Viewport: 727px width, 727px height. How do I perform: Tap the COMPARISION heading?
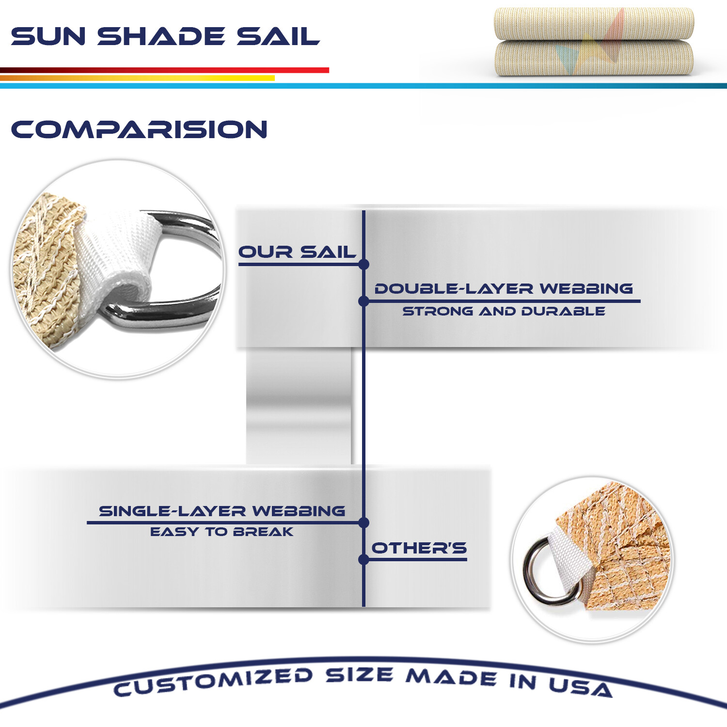pyautogui.click(x=139, y=129)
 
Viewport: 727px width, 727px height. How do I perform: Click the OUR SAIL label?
pyautogui.click(x=297, y=252)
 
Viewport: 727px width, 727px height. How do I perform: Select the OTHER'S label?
pyautogui.click(x=419, y=548)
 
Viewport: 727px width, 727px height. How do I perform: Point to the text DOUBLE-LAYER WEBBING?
pyautogui.click(x=504, y=289)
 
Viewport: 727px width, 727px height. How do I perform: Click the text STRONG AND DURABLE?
pyautogui.click(x=504, y=311)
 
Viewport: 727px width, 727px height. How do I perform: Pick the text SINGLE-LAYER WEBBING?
pyautogui.click(x=222, y=511)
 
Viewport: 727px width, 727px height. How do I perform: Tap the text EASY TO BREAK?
pyautogui.click(x=222, y=532)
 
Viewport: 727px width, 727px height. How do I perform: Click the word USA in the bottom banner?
pyautogui.click(x=580, y=687)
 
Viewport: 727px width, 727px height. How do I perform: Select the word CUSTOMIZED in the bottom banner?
pyautogui.click(x=213, y=681)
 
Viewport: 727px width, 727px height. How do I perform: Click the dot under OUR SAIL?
pyautogui.click(x=364, y=264)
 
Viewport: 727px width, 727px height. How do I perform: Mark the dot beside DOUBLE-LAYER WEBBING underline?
pyautogui.click(x=364, y=301)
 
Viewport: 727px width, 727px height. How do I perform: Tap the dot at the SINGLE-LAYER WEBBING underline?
pyautogui.click(x=364, y=522)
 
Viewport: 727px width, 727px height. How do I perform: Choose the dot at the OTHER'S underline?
pyautogui.click(x=364, y=560)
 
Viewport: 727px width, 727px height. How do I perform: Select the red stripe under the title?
pyautogui.click(x=194, y=70)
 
